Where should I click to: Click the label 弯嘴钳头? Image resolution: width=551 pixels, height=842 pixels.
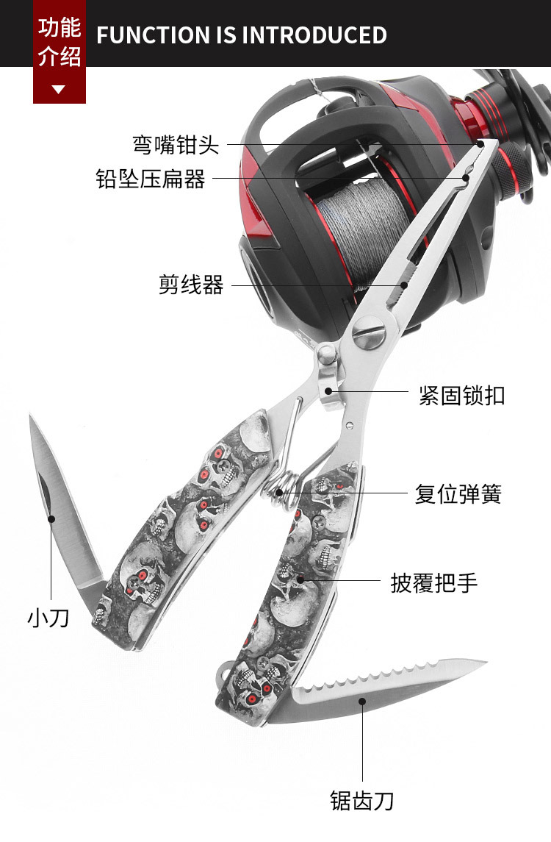click(176, 144)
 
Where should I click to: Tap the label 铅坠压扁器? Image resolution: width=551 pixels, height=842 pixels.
click(151, 179)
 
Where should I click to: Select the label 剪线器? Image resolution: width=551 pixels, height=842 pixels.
click(191, 285)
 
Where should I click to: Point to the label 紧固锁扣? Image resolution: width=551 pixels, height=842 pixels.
click(461, 395)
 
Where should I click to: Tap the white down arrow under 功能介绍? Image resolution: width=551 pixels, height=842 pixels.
click(59, 90)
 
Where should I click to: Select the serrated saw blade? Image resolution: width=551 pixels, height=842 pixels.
click(382, 688)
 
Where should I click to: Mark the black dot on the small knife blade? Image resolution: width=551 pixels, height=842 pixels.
click(51, 518)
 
